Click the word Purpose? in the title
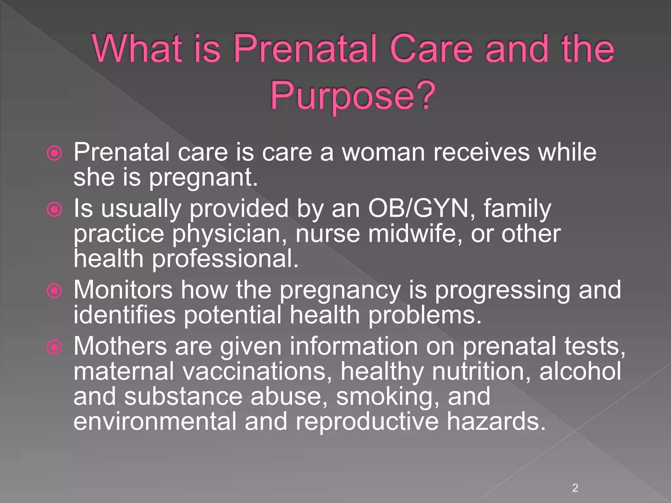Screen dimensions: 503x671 tap(353, 96)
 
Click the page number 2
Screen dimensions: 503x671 tap(575, 488)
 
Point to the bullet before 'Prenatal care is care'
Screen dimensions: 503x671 tap(54, 153)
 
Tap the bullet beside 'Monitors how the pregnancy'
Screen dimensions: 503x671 tap(54, 291)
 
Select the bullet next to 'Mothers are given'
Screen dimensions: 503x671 tap(54, 347)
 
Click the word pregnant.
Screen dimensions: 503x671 tap(203, 178)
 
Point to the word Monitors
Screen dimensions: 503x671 tap(123, 290)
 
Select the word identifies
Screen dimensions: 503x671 tap(125, 315)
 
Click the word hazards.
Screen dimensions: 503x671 tap(496, 421)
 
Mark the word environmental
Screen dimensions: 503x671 tap(155, 421)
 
